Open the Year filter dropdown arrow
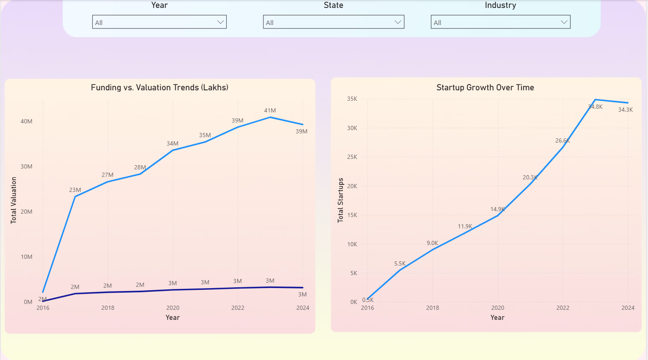tap(220, 22)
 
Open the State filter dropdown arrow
tap(398, 22)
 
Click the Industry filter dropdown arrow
tap(564, 22)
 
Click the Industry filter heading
tap(500, 5)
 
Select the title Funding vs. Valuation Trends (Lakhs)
tap(160, 87)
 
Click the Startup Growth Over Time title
tap(485, 87)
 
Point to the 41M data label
tap(270, 110)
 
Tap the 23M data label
tap(75, 190)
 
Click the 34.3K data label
tap(625, 110)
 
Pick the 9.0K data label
tap(432, 243)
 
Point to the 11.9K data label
tap(465, 226)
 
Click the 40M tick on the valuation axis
tap(26, 121)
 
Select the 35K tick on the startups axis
tap(352, 99)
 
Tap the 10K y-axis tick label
tap(352, 244)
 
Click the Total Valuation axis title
tap(14, 200)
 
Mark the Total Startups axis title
tap(340, 200)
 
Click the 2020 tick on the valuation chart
tap(173, 308)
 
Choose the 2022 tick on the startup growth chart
tap(563, 308)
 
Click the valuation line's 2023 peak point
tap(270, 117)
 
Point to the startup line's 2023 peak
tap(595, 100)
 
